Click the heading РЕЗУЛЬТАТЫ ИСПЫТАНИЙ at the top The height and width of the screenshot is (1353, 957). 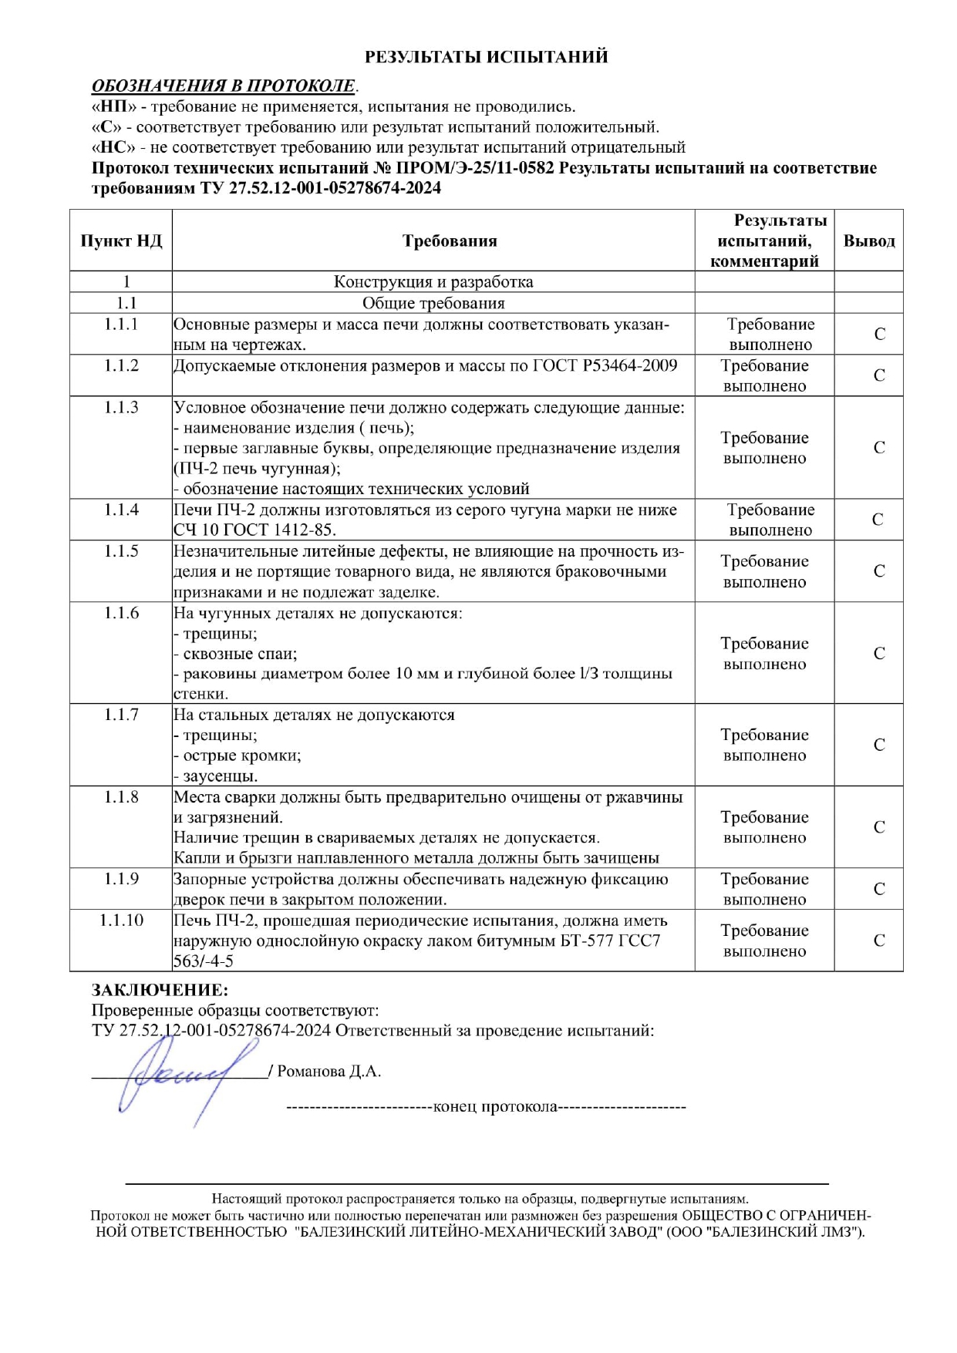[486, 57]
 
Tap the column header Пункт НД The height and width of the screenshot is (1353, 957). [121, 241]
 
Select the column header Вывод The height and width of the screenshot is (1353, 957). [869, 241]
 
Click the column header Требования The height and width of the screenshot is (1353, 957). [450, 241]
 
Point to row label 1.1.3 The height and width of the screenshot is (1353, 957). [121, 407]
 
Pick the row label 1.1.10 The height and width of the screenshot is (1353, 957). [121, 921]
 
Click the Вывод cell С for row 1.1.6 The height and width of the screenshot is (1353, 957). [879, 654]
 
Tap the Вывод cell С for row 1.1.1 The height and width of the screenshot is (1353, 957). [879, 335]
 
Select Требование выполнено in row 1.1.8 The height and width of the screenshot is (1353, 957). [764, 827]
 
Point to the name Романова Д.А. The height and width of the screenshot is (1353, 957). [329, 1072]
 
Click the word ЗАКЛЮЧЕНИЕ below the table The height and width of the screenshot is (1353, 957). [160, 990]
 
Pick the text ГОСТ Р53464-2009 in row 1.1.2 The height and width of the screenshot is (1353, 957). [605, 365]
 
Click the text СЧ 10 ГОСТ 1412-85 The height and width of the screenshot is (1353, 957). [254, 530]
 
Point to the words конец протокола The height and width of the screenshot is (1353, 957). [495, 1107]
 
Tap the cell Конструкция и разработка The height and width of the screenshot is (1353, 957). [433, 282]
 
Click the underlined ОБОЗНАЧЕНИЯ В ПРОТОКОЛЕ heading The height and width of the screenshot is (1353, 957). [224, 86]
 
